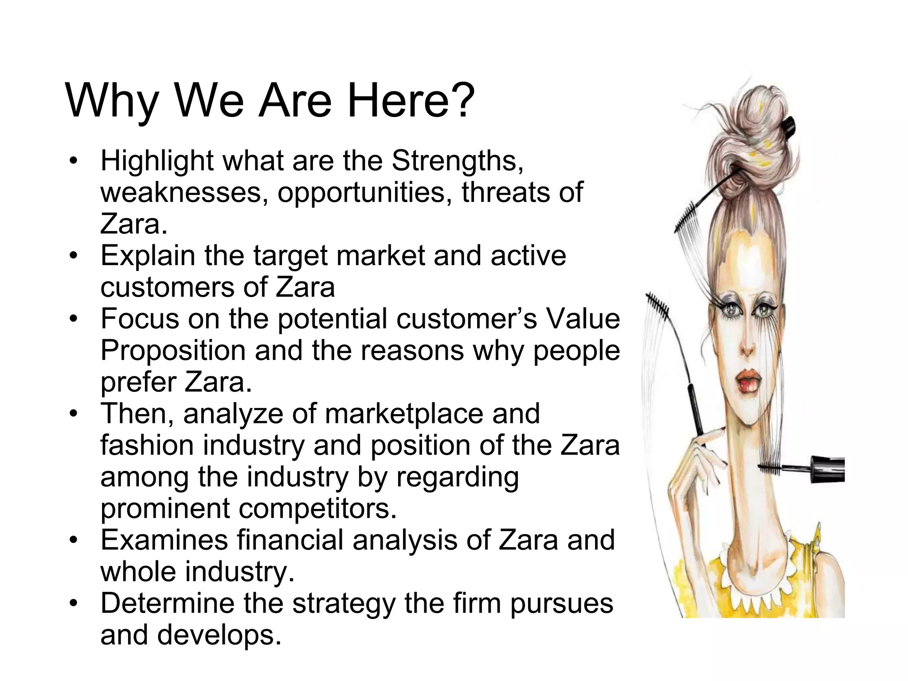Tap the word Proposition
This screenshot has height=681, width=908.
(172, 351)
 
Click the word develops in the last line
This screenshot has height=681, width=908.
(219, 635)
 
